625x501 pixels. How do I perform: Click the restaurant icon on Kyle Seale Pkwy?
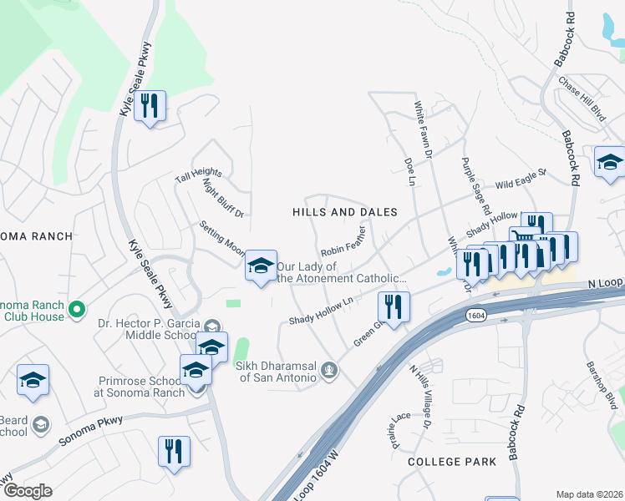(150, 106)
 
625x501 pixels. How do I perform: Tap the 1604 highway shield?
(473, 316)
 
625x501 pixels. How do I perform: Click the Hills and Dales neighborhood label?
(344, 212)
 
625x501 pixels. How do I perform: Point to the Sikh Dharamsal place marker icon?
(329, 368)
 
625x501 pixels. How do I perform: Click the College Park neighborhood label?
(446, 461)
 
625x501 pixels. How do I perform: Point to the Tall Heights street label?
(198, 174)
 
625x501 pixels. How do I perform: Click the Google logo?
(27, 490)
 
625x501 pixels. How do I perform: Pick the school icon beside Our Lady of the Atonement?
(261, 266)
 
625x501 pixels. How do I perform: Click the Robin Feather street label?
(343, 241)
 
